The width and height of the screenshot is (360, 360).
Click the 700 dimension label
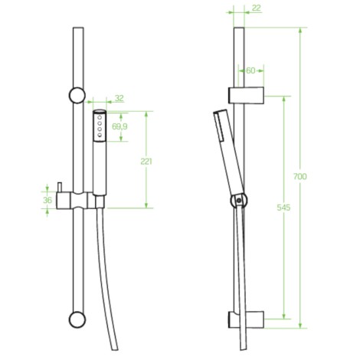tap(300, 176)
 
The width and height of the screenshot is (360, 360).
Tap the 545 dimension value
tap(283, 208)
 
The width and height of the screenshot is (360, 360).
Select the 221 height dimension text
tap(146, 162)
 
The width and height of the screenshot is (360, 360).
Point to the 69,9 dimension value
tap(119, 126)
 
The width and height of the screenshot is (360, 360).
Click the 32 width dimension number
tap(119, 98)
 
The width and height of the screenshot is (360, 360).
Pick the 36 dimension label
tap(47, 200)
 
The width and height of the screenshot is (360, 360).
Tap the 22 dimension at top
tap(256, 8)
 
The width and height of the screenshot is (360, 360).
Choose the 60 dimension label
tap(250, 70)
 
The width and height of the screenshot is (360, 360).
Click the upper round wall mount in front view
tap(77, 95)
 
